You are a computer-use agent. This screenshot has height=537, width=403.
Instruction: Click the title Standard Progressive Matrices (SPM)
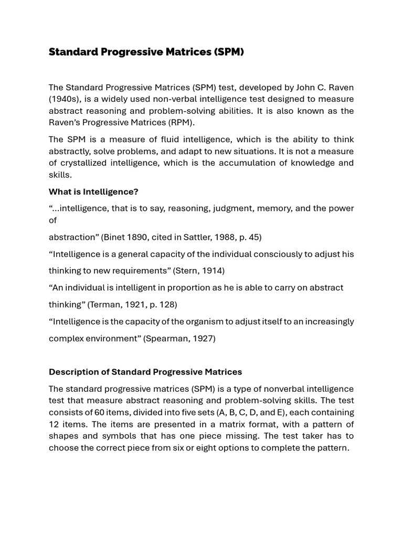pyautogui.click(x=146, y=52)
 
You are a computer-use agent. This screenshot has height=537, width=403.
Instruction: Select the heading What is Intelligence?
pyautogui.click(x=93, y=191)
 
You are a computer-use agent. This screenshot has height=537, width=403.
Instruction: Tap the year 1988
pyautogui.click(x=220, y=237)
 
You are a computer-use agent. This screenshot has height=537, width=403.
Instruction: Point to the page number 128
pyautogui.click(x=165, y=305)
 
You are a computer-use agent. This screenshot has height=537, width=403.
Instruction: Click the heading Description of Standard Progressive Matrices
pyautogui.click(x=145, y=372)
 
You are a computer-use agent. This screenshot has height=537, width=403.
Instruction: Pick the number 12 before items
pyautogui.click(x=54, y=424)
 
